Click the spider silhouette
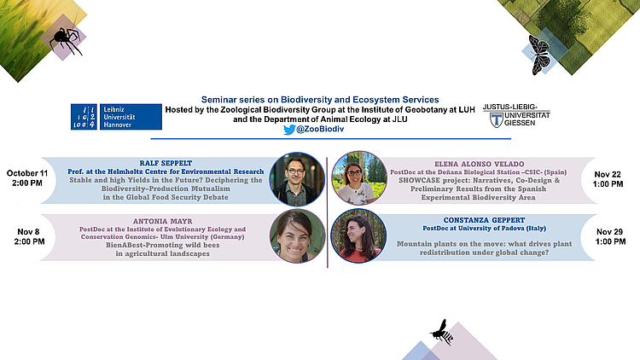66,40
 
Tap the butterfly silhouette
538,55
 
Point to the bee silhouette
442,332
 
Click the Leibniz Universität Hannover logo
116,117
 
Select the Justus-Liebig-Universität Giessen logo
516,115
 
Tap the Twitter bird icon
289,130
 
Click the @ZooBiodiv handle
320,129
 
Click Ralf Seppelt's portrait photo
297,179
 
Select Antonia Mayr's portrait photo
297,236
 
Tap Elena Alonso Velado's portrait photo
359,178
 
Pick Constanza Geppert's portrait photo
358,235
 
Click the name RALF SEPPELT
166,163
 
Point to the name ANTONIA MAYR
162,221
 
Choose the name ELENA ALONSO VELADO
480,164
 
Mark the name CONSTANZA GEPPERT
484,220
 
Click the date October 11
27,173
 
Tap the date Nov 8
28,232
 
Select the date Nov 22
608,174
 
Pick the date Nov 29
610,232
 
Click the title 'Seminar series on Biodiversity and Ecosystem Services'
320,100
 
